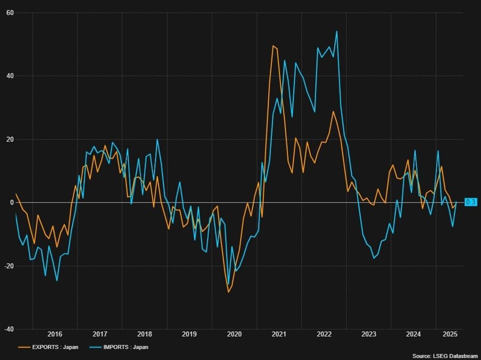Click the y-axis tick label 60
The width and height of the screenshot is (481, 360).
coord(10,12)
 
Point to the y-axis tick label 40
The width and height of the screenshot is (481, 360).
coord(10,76)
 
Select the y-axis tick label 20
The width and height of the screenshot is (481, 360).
coord(10,139)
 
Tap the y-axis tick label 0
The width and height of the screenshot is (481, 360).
coord(12,202)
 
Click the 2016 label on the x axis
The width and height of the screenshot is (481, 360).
coord(55,334)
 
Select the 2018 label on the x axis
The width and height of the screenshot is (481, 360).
coord(144,334)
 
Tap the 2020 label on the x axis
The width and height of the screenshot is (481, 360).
coord(234,334)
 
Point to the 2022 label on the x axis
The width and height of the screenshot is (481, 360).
coord(324,334)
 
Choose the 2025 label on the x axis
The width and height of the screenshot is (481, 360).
coord(450,334)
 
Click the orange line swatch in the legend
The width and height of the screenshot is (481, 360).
coord(24,347)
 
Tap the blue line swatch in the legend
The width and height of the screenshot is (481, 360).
coord(95,347)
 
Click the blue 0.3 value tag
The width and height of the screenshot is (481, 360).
coord(471,202)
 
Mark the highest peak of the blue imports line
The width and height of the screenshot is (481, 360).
coord(337,31)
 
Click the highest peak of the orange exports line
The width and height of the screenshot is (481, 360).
coord(273,46)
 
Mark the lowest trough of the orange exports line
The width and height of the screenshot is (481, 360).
coord(228,292)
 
